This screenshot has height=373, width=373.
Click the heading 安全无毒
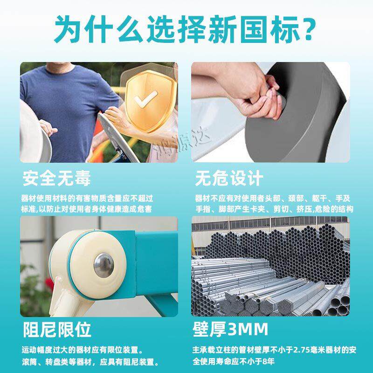[x=56, y=178]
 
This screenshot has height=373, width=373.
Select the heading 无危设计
[x=229, y=178]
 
